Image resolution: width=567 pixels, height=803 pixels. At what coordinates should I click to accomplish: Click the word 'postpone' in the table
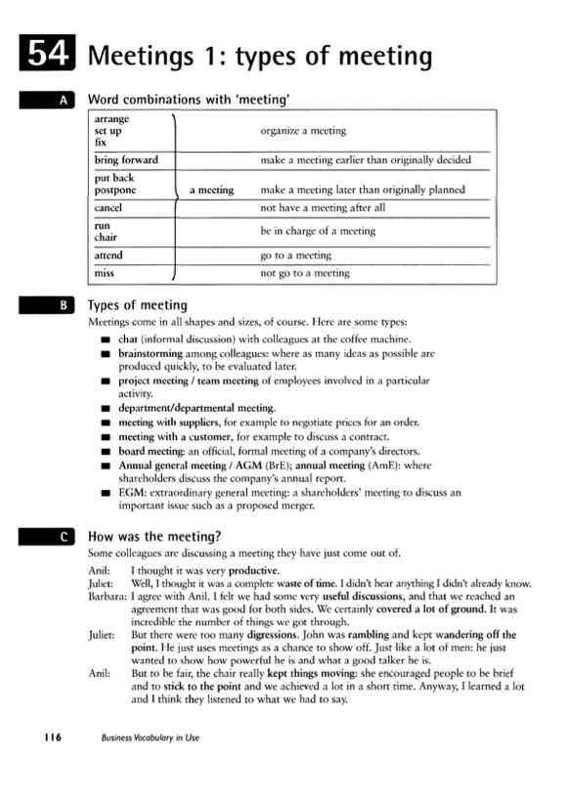click(115, 190)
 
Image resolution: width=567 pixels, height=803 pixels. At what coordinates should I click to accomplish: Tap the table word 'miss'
click(105, 274)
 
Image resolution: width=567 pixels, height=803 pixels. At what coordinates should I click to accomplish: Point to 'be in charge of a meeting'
click(318, 231)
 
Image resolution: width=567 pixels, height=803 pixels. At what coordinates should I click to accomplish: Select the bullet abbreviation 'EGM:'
click(132, 493)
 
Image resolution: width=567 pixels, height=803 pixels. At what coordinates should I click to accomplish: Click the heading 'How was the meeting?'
click(154, 536)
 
